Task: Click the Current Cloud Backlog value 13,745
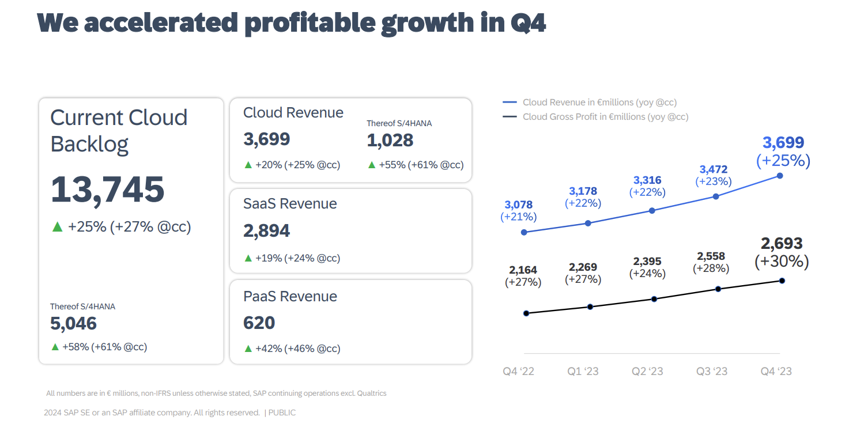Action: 108,190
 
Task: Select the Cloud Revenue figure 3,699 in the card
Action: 266,139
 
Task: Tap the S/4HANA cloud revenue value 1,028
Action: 390,140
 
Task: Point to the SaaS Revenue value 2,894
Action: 266,230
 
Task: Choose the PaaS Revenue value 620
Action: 259,323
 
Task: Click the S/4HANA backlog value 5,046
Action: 73,324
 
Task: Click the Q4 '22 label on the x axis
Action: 518,372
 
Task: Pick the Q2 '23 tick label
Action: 647,372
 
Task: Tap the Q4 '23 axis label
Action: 776,372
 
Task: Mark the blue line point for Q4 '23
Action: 780,175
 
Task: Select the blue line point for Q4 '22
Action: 523,232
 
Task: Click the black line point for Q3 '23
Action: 718,289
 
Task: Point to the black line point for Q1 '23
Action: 590,306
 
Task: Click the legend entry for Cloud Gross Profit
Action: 605,117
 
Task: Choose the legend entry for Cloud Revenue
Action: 599,103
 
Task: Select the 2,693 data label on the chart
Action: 782,244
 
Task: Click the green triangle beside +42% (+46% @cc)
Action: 248,349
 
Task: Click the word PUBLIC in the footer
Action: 282,412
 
